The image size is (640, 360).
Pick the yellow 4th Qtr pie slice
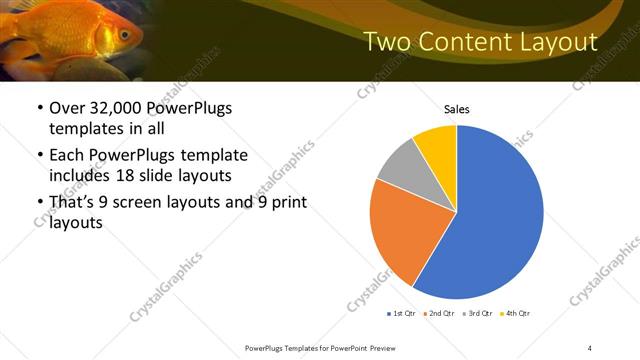tap(437, 145)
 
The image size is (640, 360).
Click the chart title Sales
tap(457, 109)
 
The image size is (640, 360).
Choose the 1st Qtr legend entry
tap(402, 313)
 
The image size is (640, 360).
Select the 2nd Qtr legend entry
tap(439, 313)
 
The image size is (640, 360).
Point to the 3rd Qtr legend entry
tap(477, 313)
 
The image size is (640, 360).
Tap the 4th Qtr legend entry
tap(514, 313)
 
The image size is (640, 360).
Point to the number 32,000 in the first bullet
tap(111, 108)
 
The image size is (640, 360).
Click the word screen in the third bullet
tap(151, 204)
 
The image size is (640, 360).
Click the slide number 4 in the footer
tap(590, 346)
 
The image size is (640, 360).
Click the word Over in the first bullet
tap(66, 108)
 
